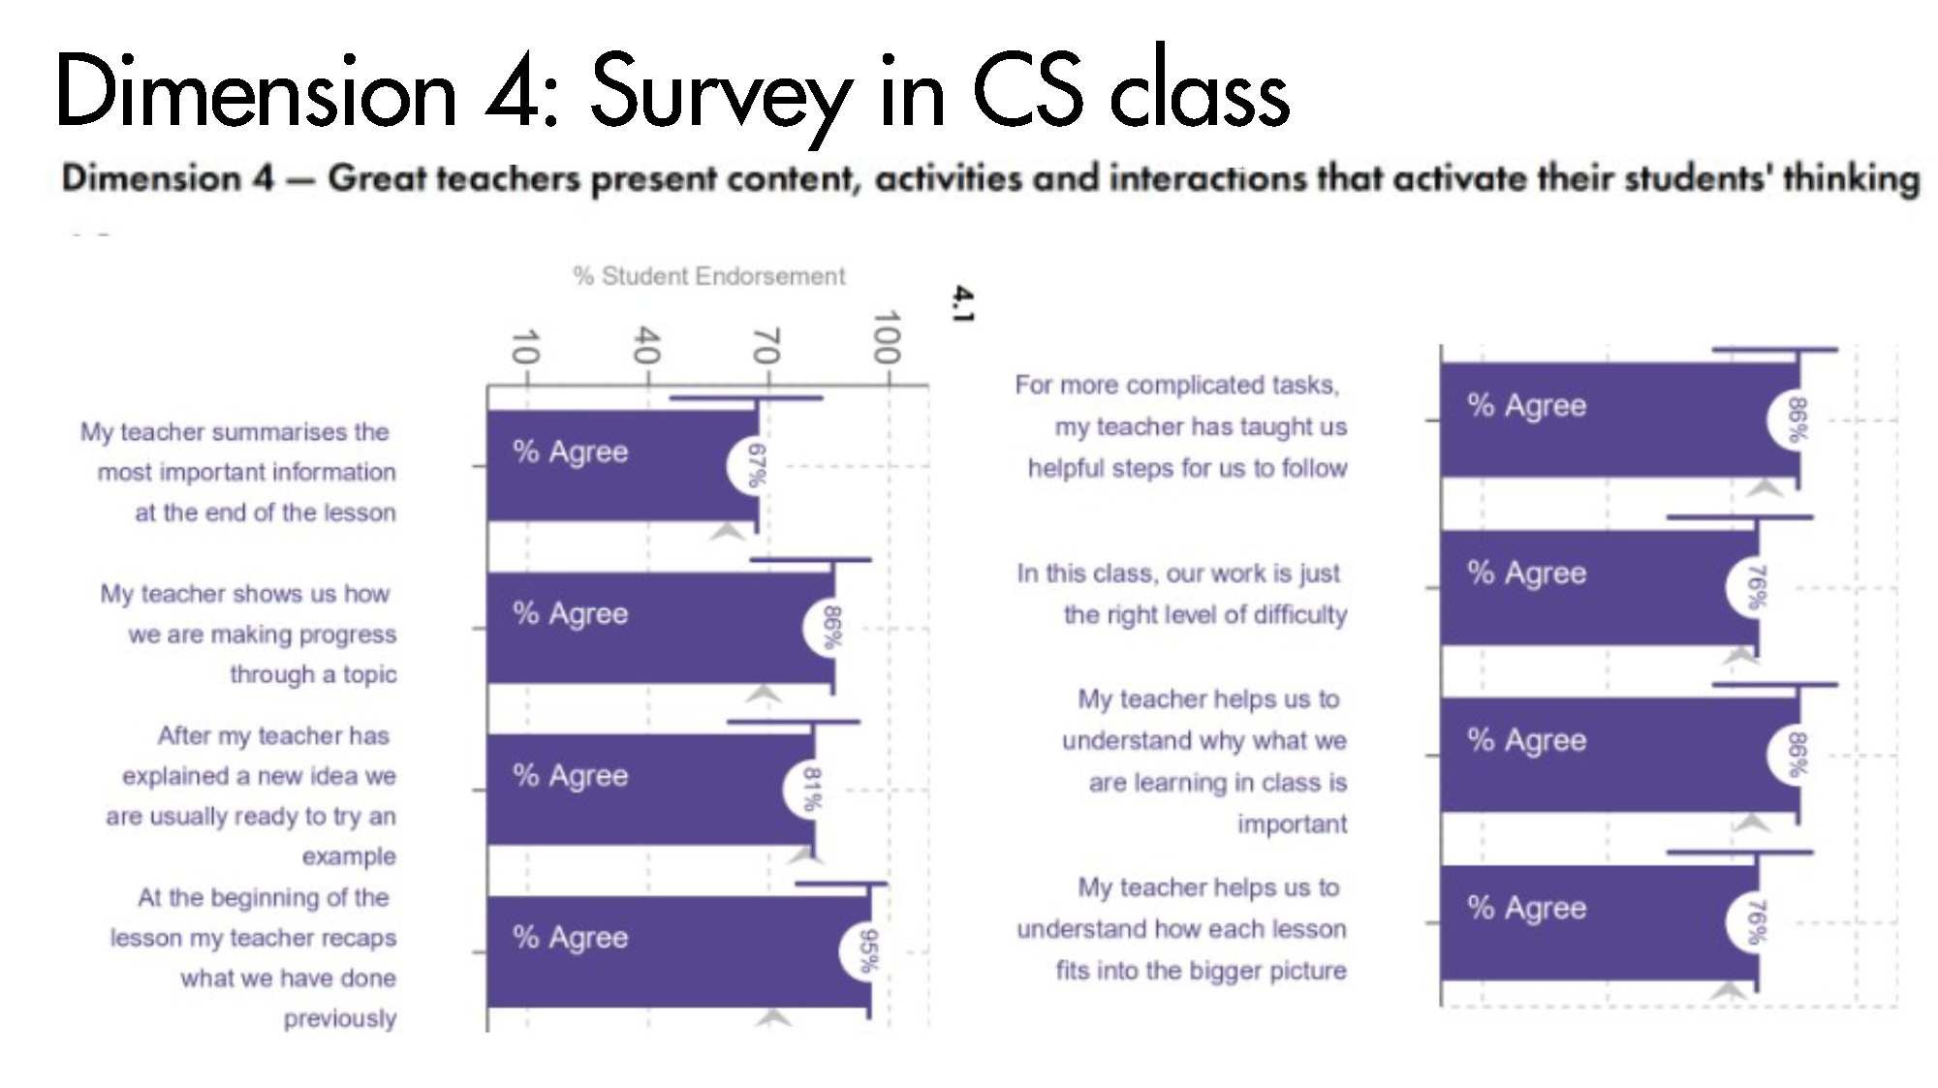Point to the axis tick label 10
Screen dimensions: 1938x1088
(x=524, y=346)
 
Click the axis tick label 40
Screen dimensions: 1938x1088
(x=646, y=345)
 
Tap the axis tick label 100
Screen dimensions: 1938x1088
(x=887, y=337)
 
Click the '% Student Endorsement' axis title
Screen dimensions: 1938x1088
(x=709, y=276)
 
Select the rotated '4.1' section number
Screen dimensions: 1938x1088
(x=962, y=303)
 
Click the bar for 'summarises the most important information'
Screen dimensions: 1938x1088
(x=622, y=466)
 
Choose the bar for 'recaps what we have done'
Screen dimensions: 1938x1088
(x=678, y=951)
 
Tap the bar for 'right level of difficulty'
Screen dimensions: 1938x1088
(x=1599, y=588)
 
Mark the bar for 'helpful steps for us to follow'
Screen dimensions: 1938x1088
(x=1620, y=420)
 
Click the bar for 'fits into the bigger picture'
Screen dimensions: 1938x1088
(x=1599, y=922)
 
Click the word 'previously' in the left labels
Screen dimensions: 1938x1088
(x=340, y=1019)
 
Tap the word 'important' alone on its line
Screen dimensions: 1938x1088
(x=1292, y=824)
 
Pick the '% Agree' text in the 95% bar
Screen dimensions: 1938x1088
(x=571, y=937)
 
